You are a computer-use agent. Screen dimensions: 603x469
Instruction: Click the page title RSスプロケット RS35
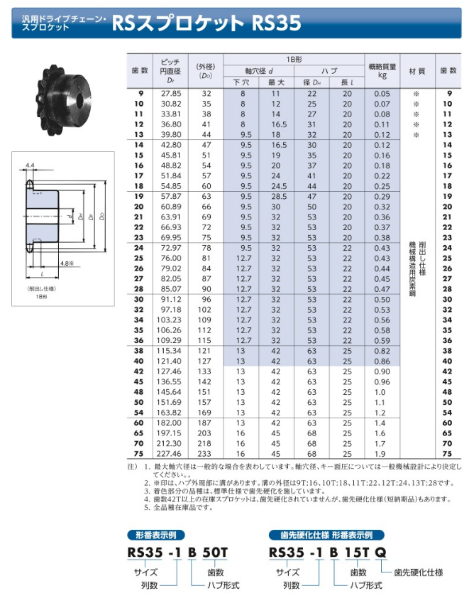206,23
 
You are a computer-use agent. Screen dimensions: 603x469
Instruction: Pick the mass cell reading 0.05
382,94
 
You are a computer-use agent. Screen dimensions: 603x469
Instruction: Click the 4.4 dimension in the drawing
30,165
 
